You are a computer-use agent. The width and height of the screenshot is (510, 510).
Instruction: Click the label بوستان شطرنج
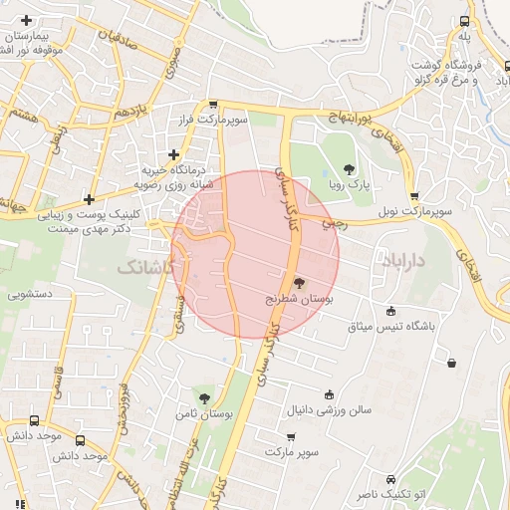click(299, 298)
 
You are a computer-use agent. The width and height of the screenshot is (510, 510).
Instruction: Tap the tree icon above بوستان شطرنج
click(299, 283)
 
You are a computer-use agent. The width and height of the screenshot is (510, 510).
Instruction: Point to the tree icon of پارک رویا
click(348, 169)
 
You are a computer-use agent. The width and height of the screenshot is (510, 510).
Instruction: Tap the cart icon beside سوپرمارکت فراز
click(213, 105)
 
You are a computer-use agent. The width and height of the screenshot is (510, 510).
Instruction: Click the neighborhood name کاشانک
click(145, 268)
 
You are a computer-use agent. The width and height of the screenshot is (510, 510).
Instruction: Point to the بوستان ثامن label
click(205, 413)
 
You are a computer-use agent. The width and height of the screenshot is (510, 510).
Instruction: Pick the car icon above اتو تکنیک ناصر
click(390, 479)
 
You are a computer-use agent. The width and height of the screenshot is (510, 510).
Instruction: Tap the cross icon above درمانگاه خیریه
click(174, 154)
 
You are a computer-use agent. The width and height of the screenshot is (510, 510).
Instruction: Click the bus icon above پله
click(464, 21)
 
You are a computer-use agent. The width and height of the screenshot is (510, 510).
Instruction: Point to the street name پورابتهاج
click(349, 118)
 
